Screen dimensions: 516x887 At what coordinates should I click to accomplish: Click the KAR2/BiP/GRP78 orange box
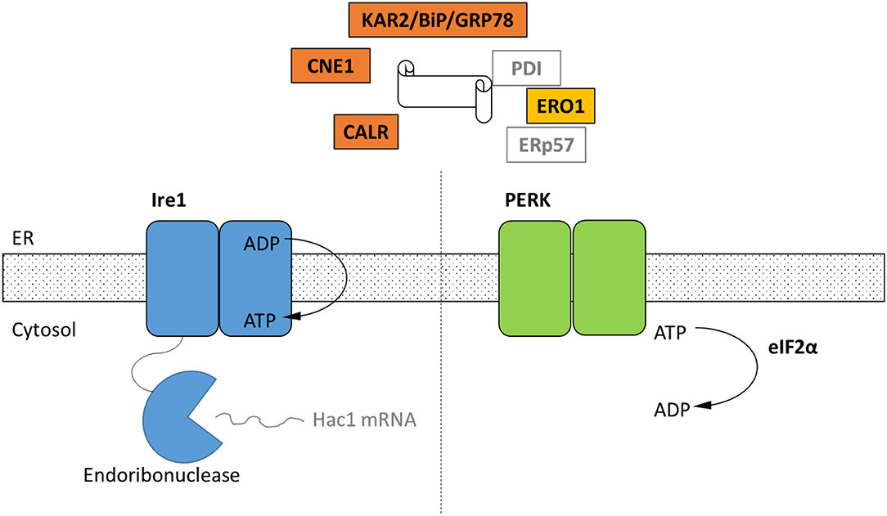(438, 20)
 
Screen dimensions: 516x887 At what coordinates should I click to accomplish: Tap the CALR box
(366, 131)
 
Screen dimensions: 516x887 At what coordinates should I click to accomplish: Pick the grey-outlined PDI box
(526, 69)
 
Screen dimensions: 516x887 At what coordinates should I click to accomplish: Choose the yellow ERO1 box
(560, 106)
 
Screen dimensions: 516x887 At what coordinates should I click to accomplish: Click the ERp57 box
(547, 144)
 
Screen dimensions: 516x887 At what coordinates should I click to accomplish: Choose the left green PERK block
(534, 279)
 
